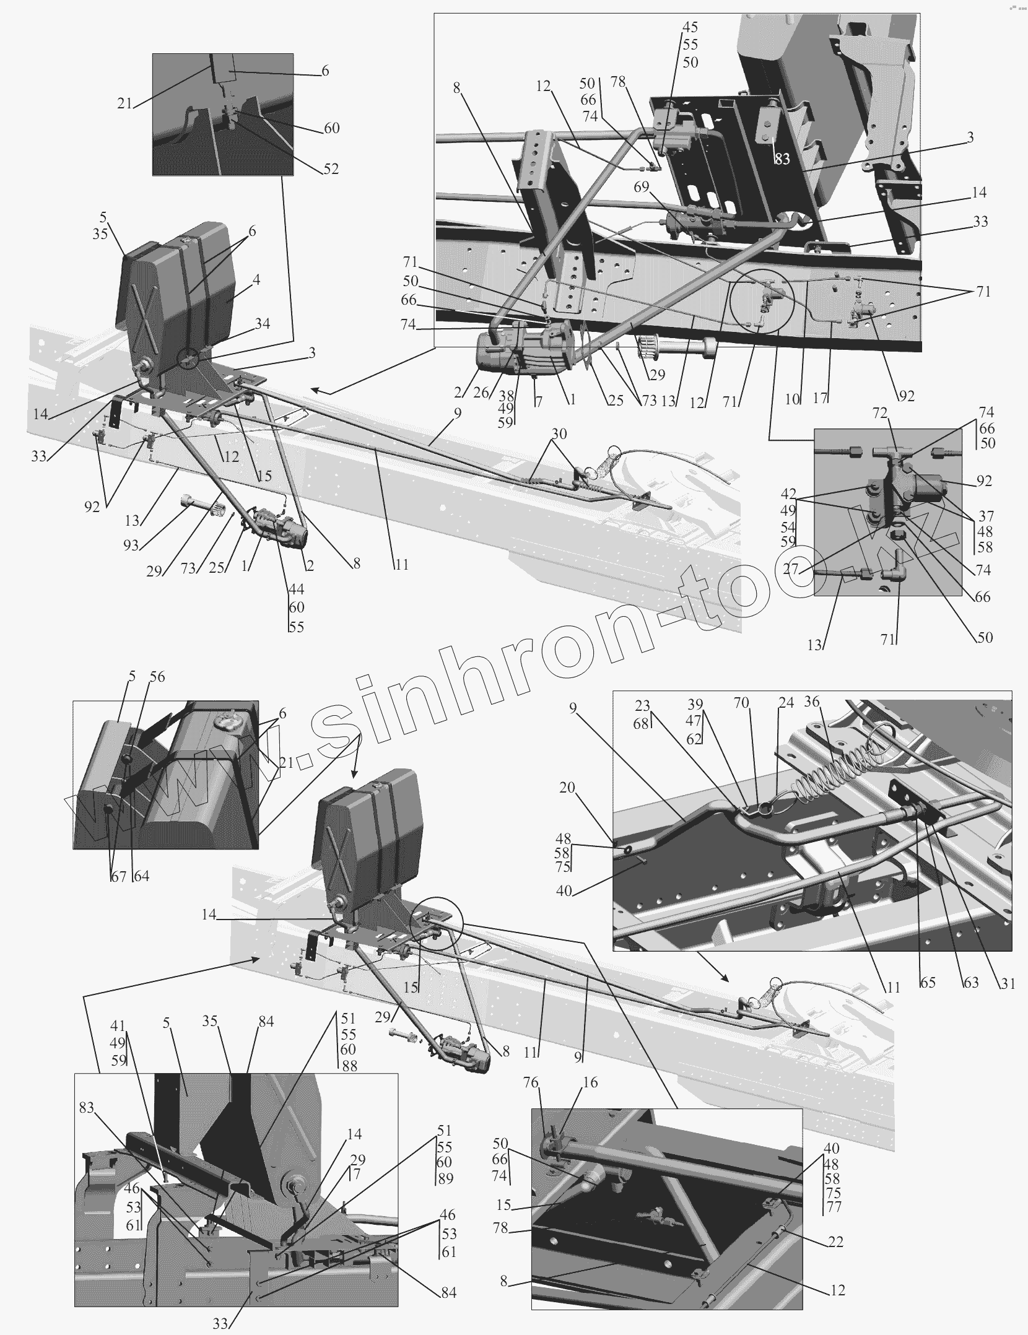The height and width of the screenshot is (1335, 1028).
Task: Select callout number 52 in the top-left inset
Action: click(331, 169)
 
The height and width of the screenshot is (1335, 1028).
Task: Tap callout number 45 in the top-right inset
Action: click(690, 27)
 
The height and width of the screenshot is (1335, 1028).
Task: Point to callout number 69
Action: click(642, 186)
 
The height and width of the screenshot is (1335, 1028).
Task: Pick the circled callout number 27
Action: click(791, 568)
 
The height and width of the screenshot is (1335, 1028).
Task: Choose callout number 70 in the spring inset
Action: click(741, 703)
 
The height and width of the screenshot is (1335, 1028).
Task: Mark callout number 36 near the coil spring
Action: click(811, 702)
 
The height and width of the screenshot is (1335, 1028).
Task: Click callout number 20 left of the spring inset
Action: click(567, 788)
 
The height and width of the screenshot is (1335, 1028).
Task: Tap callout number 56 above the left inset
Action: click(157, 677)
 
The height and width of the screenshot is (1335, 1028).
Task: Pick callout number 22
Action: click(835, 1242)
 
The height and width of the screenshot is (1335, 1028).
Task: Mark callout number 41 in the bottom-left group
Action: click(118, 1026)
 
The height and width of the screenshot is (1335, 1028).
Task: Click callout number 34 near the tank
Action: click(263, 324)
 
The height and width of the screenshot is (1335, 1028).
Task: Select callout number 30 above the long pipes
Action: click(559, 434)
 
